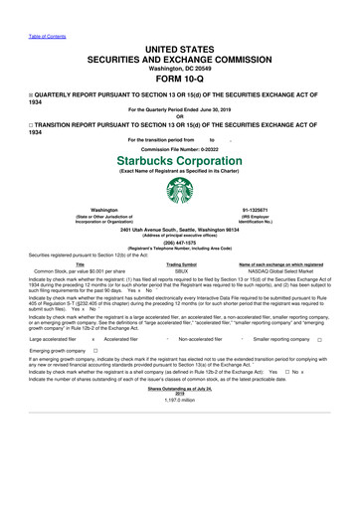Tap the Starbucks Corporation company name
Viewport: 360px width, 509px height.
[x=180, y=160]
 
